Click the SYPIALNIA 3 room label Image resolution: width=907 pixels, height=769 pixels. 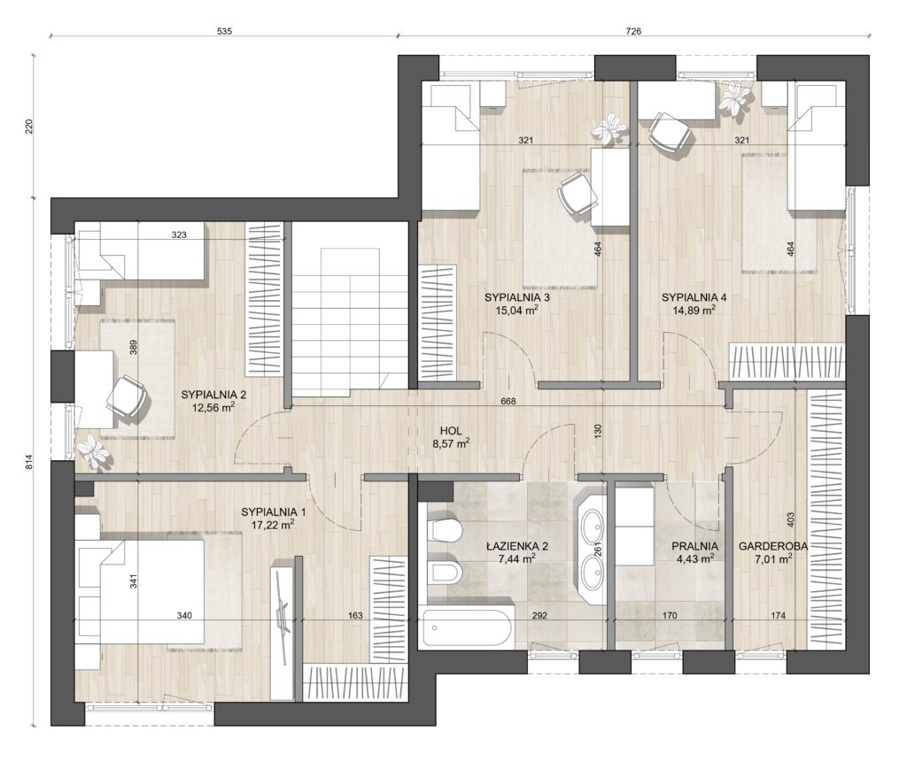pos(516,297)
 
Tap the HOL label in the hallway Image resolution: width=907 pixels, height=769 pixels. pos(451,431)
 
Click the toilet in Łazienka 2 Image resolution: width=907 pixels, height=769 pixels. pos(444,529)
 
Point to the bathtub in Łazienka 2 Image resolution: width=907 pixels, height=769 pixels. pos(468,627)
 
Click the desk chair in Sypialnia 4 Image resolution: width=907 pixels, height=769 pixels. pos(671,133)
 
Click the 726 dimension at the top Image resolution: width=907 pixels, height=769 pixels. pos(633,31)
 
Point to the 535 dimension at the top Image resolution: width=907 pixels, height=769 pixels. pos(224,31)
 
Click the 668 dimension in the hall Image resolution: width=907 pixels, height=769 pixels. pos(508,401)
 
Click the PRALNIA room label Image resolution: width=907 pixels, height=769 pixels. pos(694,546)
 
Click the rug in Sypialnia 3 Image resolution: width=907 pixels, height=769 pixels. pos(560,229)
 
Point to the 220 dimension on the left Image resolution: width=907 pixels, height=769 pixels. pos(30,127)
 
